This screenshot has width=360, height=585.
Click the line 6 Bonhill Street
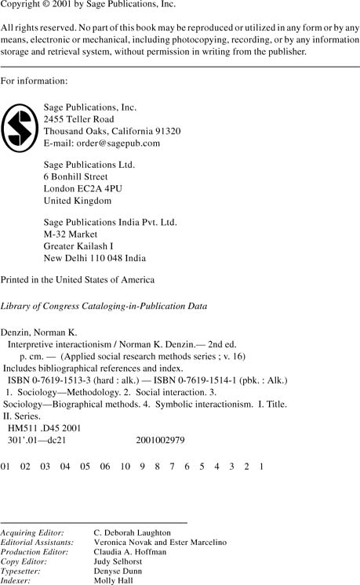(x=75, y=177)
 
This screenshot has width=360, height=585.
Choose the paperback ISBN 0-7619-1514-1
(x=205, y=380)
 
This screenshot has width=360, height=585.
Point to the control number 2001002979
(x=160, y=441)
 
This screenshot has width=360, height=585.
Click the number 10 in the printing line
(x=125, y=467)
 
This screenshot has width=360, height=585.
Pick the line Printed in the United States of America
(x=78, y=280)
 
